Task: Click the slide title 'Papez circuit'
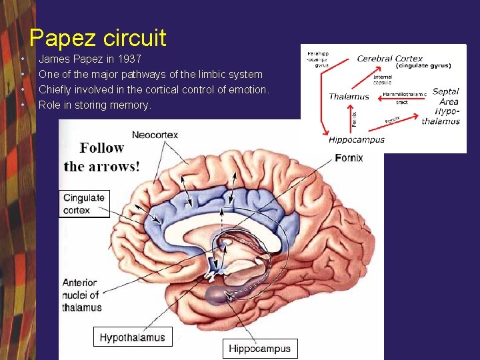[98, 37]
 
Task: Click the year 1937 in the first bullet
[127, 59]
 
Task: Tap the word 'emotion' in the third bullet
[246, 89]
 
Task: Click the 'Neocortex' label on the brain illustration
[155, 135]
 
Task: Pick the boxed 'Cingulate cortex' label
[84, 203]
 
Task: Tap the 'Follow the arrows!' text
[102, 157]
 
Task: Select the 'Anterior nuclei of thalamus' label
[82, 295]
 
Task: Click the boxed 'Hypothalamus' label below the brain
[132, 337]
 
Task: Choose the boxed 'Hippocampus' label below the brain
[259, 348]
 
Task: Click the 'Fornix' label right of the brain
[349, 158]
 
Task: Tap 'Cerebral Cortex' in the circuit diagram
[390, 59]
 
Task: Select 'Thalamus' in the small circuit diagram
[349, 97]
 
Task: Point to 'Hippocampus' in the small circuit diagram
[356, 140]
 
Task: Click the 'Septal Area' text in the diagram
[445, 97]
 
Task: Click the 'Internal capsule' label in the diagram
[383, 79]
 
